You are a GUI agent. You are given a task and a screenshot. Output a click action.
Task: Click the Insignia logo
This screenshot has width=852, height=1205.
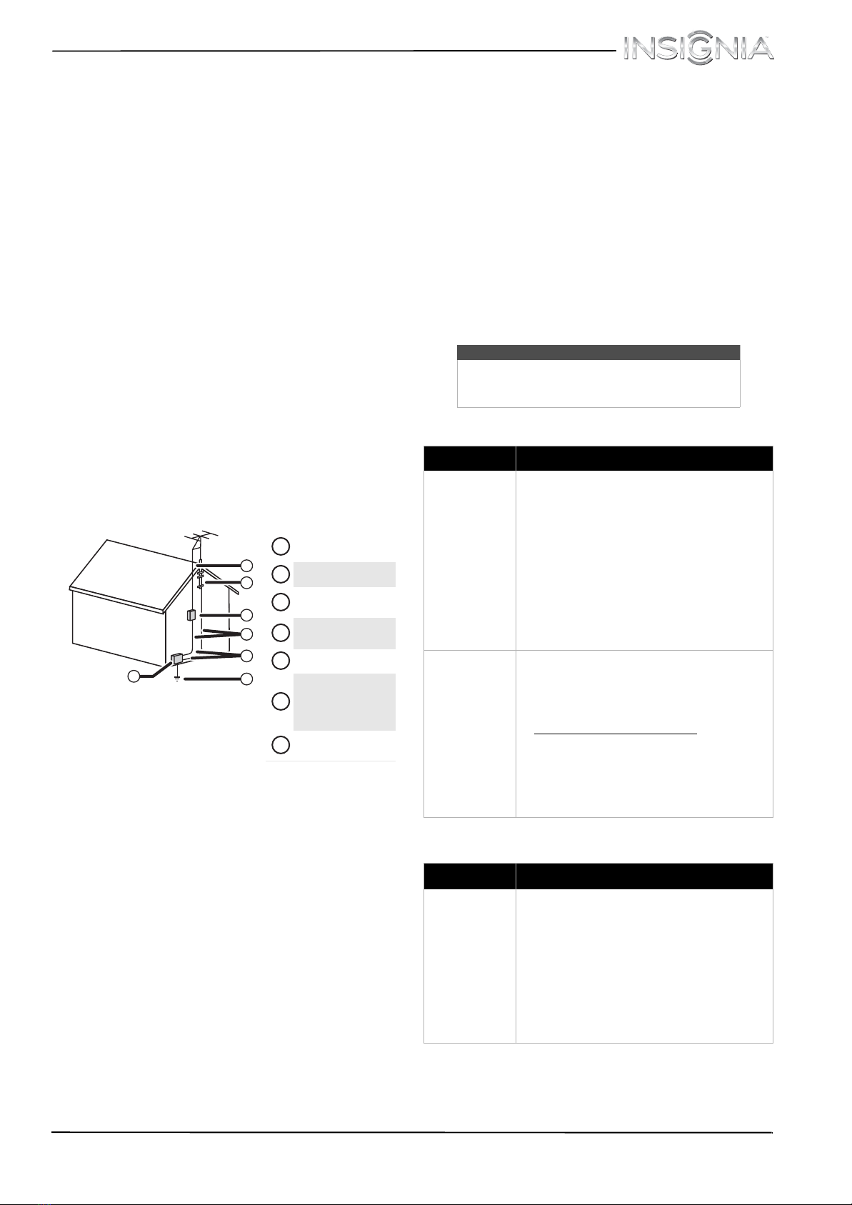coord(698,50)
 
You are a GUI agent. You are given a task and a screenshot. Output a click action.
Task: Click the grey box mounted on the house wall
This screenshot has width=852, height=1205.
coord(191,615)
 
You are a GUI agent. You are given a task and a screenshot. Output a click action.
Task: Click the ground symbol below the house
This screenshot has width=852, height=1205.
coord(177,679)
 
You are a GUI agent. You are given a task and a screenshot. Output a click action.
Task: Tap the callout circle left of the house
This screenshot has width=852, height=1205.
coord(134,676)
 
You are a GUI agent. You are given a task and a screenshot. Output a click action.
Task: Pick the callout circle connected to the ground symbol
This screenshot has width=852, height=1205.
coord(246,679)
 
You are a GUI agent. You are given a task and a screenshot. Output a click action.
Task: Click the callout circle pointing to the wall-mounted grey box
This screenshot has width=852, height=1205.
coord(246,615)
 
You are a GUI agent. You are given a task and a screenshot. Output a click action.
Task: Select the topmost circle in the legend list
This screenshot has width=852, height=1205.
coord(281,546)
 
